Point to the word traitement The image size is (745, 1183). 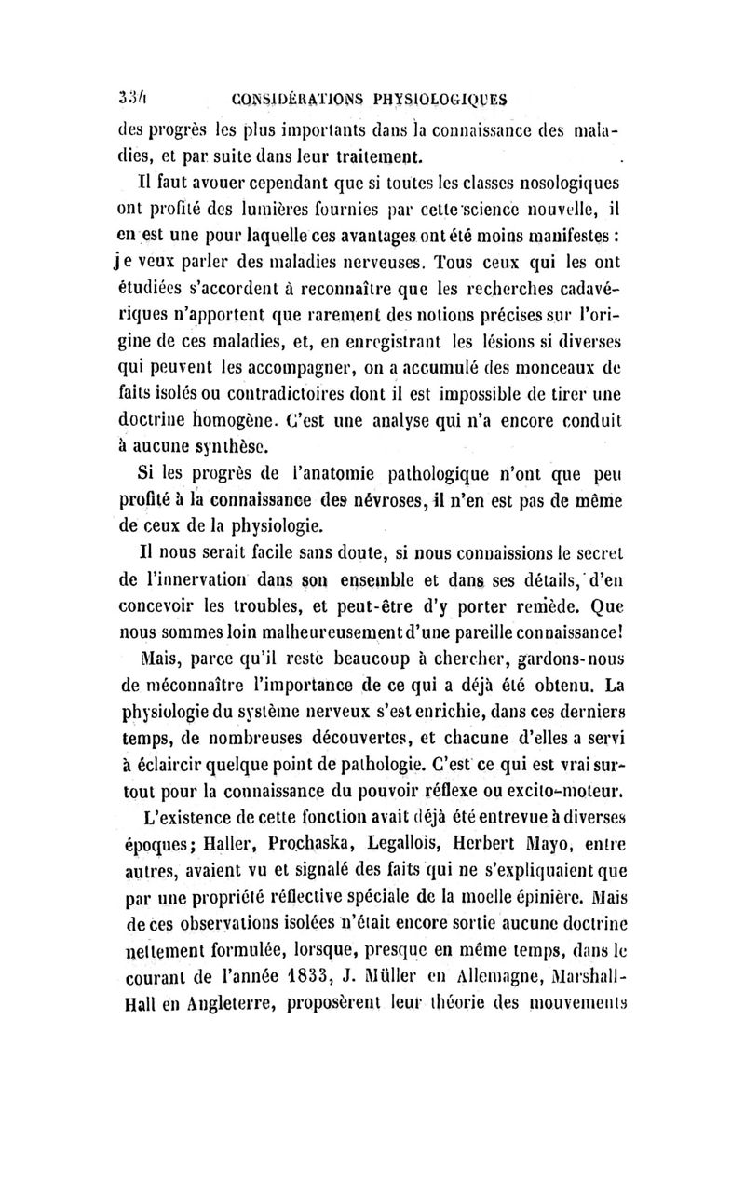[372, 153]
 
